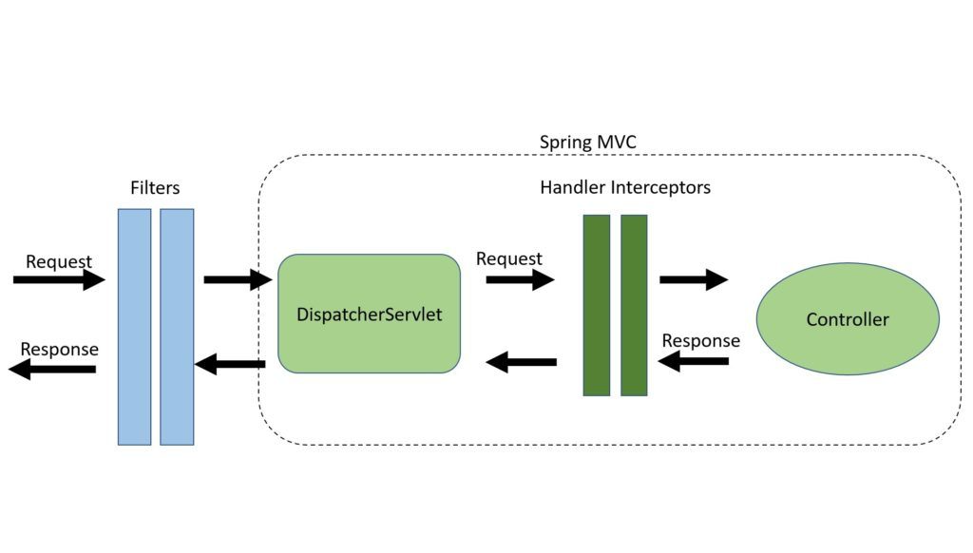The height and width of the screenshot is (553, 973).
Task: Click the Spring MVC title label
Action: [588, 143]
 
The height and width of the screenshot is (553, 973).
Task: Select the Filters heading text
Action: [155, 188]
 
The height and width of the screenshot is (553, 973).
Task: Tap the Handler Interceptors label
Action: [624, 188]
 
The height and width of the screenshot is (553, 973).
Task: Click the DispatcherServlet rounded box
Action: [369, 314]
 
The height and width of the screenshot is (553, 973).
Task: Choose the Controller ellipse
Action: [847, 319]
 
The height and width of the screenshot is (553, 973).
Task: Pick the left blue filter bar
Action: [134, 327]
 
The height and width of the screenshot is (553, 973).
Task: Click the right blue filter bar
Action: [177, 327]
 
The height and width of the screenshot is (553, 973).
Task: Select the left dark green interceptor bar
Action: [596, 305]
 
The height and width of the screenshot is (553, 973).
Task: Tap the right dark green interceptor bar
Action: [634, 305]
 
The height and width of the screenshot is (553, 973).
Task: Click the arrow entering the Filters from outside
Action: [59, 280]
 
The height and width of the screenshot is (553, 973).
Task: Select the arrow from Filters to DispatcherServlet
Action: [238, 280]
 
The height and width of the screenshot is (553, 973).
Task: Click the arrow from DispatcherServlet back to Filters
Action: [229, 364]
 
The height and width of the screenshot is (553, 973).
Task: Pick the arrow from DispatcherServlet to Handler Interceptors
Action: [520, 280]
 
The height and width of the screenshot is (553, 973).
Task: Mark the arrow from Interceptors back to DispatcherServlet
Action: [521, 362]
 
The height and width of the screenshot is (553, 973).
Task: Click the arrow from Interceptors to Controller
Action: [694, 280]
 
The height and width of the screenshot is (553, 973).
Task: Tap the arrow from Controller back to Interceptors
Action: [694, 361]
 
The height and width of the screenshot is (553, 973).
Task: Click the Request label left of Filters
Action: [59, 261]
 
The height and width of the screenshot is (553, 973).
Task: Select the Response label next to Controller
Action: [701, 341]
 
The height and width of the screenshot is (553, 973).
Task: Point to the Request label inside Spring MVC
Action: [509, 258]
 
